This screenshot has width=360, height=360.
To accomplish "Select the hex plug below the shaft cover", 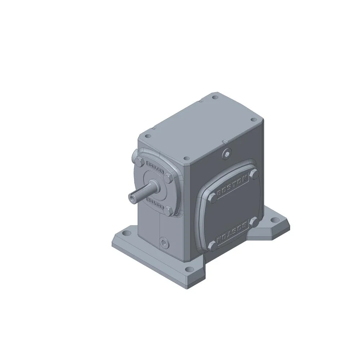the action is (165, 242).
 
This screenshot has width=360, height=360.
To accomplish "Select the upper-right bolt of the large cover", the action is (254, 174).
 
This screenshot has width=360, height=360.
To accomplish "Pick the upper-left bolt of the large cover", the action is (213, 197).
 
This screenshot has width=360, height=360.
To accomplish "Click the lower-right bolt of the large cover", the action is (254, 222).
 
